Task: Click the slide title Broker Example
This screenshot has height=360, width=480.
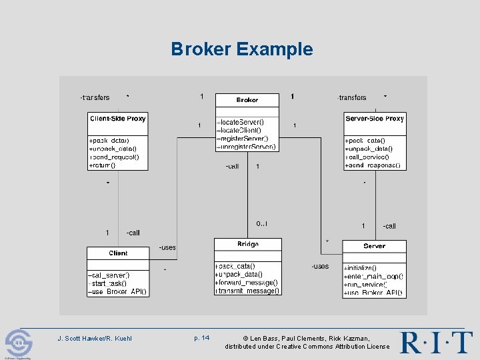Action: point(241,49)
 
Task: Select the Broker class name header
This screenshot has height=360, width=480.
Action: point(247,100)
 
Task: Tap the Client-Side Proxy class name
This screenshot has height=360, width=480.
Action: point(117,119)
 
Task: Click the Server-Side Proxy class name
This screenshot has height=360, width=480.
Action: point(374,119)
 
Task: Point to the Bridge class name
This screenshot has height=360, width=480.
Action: point(247,245)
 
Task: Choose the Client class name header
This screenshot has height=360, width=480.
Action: point(118,253)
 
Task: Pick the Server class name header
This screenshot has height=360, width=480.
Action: point(374,246)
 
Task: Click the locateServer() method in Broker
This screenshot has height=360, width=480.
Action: point(241,122)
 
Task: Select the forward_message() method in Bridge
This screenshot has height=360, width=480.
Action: point(246,283)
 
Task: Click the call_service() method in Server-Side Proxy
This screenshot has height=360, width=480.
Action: point(370,157)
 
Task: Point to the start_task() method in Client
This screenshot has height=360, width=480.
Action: point(109,284)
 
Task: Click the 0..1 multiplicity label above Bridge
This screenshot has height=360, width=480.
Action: point(261,223)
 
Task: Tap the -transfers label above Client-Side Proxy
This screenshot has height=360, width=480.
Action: point(95,98)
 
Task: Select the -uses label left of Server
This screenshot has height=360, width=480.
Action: point(319,267)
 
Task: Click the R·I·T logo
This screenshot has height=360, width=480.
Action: point(436,342)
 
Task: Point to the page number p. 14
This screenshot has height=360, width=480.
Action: point(201,338)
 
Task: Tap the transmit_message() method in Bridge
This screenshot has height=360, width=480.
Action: point(247,291)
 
